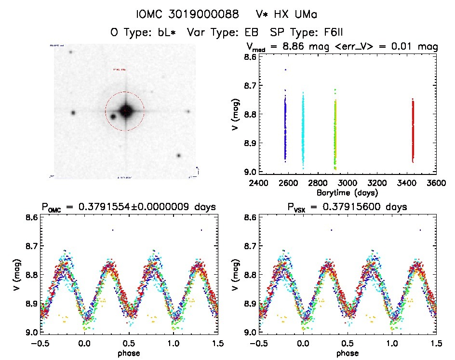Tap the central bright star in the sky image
coord(125,111)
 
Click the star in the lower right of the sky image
coord(179,155)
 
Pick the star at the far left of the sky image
coord(73,113)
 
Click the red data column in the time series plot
coord(413,130)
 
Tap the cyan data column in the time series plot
coord(303,130)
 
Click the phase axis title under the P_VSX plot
coord(347,353)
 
